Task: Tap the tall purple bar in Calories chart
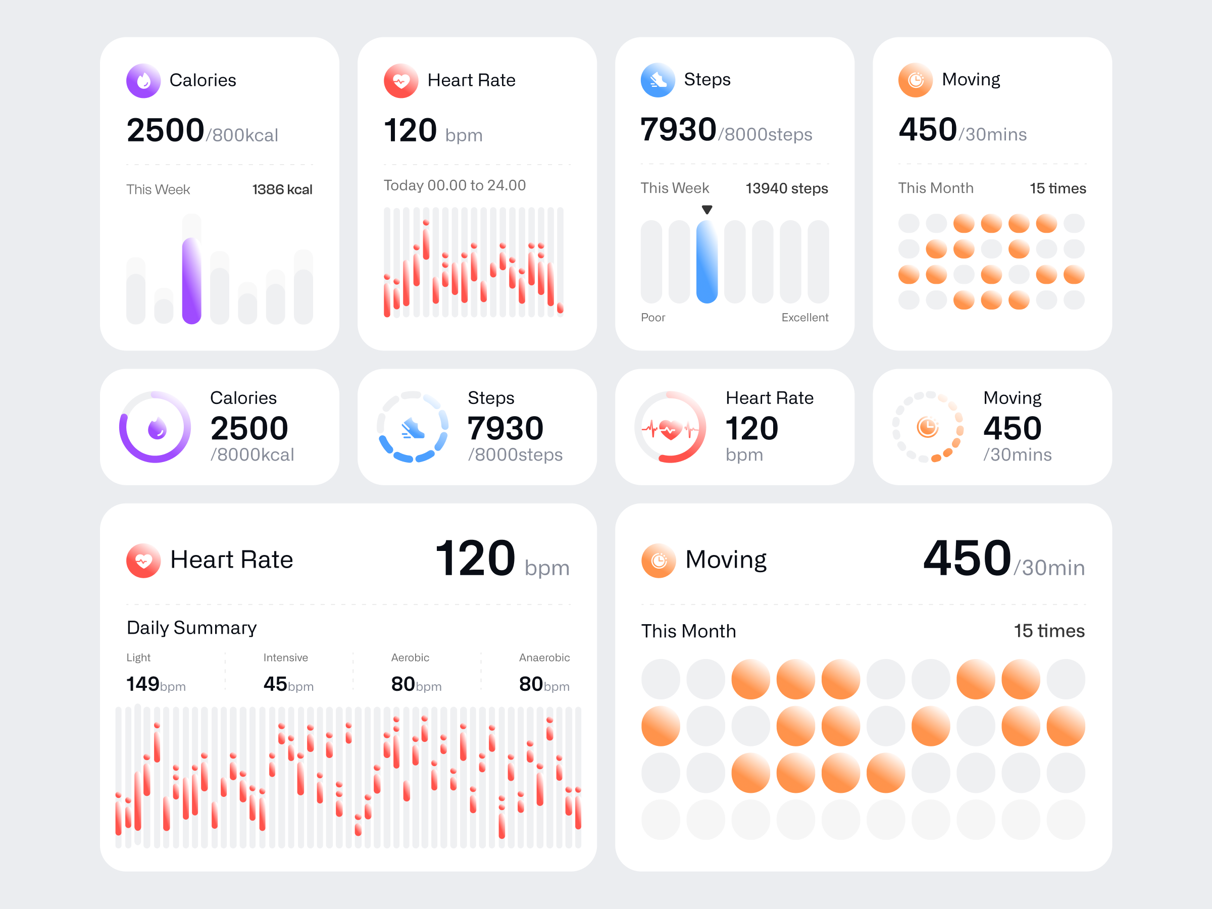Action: (191, 281)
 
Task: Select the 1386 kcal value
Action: (282, 189)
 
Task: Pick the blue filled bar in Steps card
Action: (707, 262)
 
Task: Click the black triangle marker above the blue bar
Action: (707, 209)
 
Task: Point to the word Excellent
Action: (804, 317)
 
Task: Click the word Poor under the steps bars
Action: (652, 317)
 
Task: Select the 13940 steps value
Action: (786, 188)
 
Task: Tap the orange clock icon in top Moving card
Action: (915, 80)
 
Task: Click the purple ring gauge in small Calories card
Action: (155, 427)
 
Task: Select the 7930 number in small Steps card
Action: (505, 428)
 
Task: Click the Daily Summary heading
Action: (191, 627)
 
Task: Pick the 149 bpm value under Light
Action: (156, 684)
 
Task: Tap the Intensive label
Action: (285, 658)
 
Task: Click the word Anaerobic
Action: (544, 658)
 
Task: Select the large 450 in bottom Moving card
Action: (967, 559)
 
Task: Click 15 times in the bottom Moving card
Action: (1049, 631)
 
